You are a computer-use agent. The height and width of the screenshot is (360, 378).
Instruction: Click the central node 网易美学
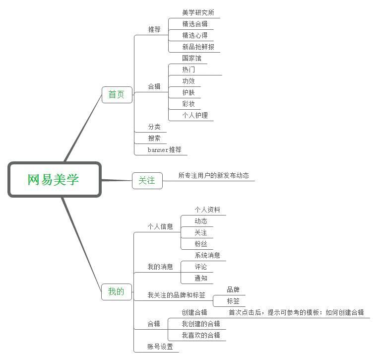[x=55, y=180]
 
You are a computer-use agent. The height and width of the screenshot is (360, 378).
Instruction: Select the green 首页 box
[x=117, y=95]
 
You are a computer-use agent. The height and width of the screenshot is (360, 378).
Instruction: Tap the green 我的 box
[x=117, y=291]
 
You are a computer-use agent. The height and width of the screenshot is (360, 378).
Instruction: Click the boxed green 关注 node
[x=147, y=181]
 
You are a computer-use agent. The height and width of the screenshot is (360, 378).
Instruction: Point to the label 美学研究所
[x=198, y=12]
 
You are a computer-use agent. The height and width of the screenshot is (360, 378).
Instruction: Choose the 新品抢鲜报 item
[x=198, y=47]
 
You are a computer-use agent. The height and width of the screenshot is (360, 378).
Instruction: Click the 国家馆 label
[x=191, y=58]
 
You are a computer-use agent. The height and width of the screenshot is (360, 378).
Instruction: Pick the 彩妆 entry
[x=189, y=104]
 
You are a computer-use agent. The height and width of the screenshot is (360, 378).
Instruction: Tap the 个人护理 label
[x=195, y=115]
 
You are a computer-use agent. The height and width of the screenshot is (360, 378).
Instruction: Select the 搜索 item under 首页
[x=154, y=138]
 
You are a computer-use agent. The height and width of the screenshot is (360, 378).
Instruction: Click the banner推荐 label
[x=164, y=150]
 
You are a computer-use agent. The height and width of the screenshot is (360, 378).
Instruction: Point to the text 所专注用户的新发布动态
[x=214, y=175]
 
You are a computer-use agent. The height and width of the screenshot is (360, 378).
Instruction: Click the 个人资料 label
[x=207, y=210]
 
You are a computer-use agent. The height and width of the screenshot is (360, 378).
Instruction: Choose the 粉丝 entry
[x=201, y=244]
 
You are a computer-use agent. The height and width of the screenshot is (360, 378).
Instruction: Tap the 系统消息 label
[x=207, y=255]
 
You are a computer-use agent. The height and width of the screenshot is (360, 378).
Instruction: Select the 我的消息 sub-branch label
[x=160, y=267]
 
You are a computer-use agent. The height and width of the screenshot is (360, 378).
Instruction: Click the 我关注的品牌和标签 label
[x=177, y=295]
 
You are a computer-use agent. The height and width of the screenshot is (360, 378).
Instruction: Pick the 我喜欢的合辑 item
[x=201, y=335]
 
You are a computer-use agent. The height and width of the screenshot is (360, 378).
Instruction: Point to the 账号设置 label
[x=160, y=347]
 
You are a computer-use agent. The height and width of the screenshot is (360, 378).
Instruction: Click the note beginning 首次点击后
[x=296, y=312]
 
